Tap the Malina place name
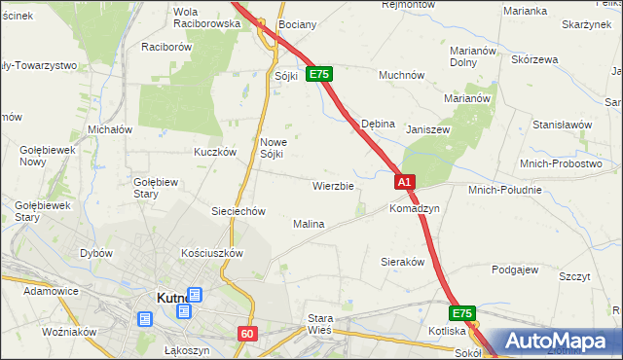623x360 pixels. pyautogui.click(x=309, y=224)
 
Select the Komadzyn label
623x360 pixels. pyautogui.click(x=415, y=209)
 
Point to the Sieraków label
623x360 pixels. pyautogui.click(x=402, y=262)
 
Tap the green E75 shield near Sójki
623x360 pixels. pyautogui.click(x=320, y=74)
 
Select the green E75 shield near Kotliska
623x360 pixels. pyautogui.click(x=462, y=313)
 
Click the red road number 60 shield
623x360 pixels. pyautogui.click(x=247, y=334)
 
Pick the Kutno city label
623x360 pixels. pyautogui.click(x=176, y=299)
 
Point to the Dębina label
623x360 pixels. pyautogui.click(x=378, y=125)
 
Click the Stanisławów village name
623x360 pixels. pyautogui.click(x=562, y=125)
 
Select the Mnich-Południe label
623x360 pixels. pyautogui.click(x=504, y=190)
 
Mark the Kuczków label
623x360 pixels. pyautogui.click(x=215, y=152)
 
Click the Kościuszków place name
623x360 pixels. pyautogui.click(x=211, y=252)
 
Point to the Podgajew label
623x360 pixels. pyautogui.click(x=515, y=270)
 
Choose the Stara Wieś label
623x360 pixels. pyautogui.click(x=320, y=324)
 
